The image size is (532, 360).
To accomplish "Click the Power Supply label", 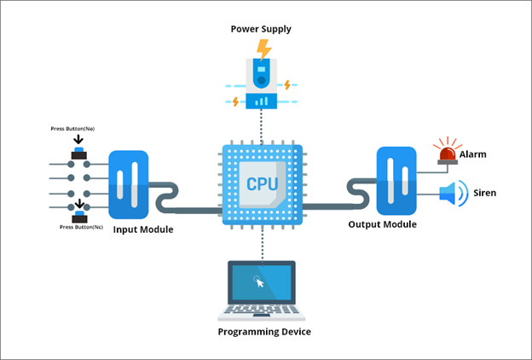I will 261,29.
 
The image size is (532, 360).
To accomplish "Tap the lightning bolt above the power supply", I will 263,48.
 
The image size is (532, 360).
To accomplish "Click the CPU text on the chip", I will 261,183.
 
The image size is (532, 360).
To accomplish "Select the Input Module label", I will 144,229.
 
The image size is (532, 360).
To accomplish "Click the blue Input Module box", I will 129,184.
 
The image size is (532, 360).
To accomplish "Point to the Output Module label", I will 382,224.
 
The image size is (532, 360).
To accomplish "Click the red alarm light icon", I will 446,151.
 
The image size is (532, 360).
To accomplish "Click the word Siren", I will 484,193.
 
